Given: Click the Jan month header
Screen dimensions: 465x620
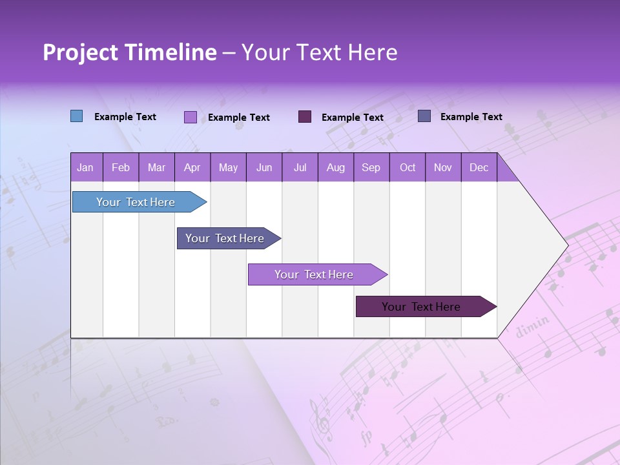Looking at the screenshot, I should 85,167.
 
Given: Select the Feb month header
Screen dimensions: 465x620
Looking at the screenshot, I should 121,167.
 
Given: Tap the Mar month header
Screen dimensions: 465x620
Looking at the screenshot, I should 156,167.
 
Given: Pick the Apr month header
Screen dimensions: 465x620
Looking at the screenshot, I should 192,167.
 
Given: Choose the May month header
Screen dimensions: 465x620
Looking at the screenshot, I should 228,167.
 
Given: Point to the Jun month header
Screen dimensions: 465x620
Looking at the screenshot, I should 264,167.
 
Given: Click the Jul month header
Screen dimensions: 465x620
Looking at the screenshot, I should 300,167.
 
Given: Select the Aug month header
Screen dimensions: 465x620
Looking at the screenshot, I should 336,167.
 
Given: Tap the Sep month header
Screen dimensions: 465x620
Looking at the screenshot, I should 371,167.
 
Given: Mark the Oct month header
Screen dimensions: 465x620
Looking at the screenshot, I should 408,167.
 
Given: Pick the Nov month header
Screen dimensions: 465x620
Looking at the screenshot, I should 443,167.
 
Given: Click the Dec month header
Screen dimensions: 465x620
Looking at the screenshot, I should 479,167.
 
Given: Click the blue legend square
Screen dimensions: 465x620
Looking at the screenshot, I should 77,116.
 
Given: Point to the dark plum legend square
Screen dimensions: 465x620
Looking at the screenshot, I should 305,116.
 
